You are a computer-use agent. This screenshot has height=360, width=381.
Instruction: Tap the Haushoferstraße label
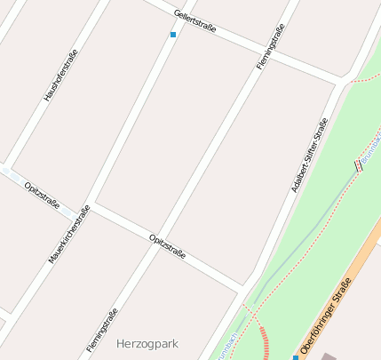tap(60, 75)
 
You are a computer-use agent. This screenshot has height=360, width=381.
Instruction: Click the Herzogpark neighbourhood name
tap(147, 342)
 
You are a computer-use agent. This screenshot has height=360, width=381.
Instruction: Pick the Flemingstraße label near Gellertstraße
tap(270, 48)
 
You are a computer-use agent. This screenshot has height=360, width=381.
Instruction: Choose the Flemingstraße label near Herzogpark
tap(102, 330)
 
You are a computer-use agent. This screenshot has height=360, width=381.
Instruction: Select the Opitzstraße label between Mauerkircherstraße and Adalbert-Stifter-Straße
tap(168, 245)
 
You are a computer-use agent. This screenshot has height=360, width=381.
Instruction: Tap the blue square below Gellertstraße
tap(173, 35)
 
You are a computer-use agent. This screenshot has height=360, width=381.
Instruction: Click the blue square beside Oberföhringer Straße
tap(296, 357)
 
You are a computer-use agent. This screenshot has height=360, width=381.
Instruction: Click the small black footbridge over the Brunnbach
tap(359, 165)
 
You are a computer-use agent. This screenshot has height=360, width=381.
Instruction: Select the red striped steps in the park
tap(262, 342)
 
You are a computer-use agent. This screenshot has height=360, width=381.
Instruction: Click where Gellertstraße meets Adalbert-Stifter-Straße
tap(341, 83)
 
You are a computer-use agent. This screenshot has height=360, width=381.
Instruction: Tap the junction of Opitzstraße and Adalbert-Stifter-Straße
tap(243, 289)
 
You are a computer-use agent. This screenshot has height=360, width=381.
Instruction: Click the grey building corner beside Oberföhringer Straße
tap(329, 356)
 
